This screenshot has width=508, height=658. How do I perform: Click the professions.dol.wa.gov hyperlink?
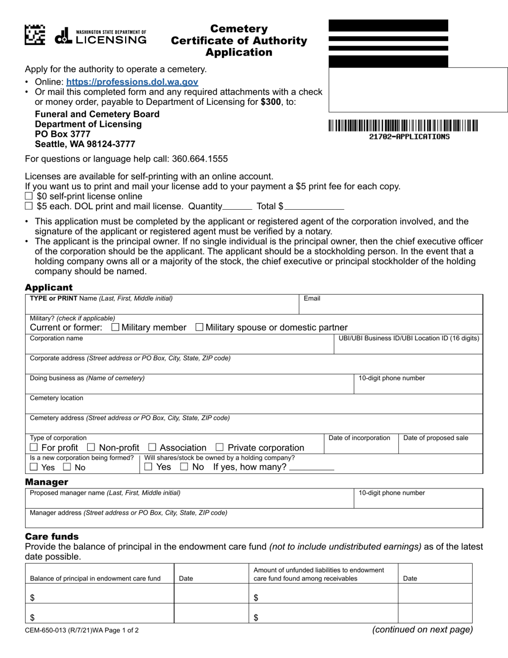point(132,82)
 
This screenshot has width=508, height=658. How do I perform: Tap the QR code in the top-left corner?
point(35,35)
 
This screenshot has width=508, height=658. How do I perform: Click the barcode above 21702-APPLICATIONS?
point(403,126)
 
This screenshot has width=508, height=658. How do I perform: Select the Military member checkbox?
point(115,327)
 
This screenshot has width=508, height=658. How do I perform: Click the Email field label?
point(312,299)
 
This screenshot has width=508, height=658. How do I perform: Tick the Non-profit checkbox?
point(91,447)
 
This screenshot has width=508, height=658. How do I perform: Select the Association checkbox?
point(152,447)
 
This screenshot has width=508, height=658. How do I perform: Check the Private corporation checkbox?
point(219,447)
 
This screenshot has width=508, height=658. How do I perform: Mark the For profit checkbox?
point(34,447)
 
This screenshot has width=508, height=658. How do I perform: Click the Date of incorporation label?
point(359,438)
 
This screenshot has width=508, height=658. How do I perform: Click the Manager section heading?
point(47,482)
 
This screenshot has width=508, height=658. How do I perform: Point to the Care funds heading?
point(52,536)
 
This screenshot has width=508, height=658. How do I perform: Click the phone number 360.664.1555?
point(199,159)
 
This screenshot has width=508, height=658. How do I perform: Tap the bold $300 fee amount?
point(271,102)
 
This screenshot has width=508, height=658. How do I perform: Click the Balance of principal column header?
point(95,578)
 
